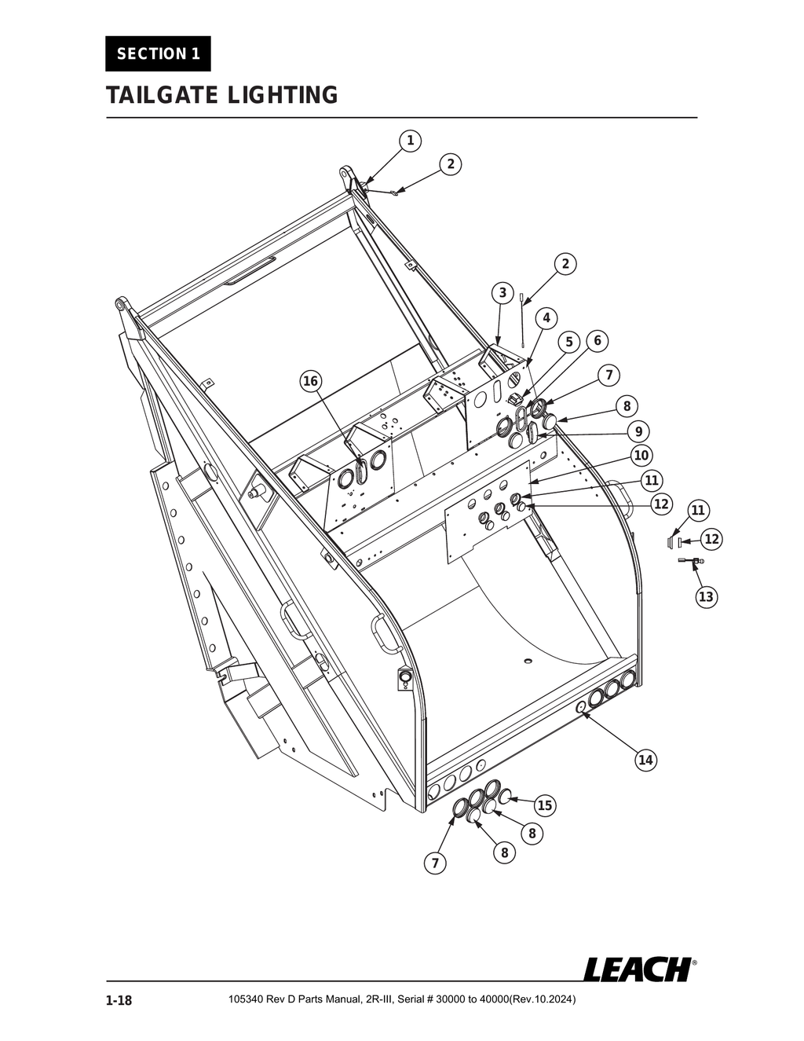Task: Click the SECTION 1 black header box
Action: pyautogui.click(x=158, y=54)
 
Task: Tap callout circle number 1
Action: pyautogui.click(x=409, y=141)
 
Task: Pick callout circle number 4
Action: pyautogui.click(x=546, y=317)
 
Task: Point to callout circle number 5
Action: pyautogui.click(x=569, y=342)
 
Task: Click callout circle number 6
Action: pyautogui.click(x=598, y=340)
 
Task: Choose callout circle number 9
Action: pyautogui.click(x=639, y=431)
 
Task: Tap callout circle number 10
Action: pyautogui.click(x=641, y=455)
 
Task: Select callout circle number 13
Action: pyautogui.click(x=706, y=596)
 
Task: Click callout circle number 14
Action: pyautogui.click(x=645, y=760)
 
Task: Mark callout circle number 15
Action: pyautogui.click(x=545, y=805)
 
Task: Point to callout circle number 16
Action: pyautogui.click(x=311, y=381)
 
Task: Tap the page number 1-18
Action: pyautogui.click(x=119, y=1000)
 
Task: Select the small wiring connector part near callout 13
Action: pyautogui.click(x=691, y=561)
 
